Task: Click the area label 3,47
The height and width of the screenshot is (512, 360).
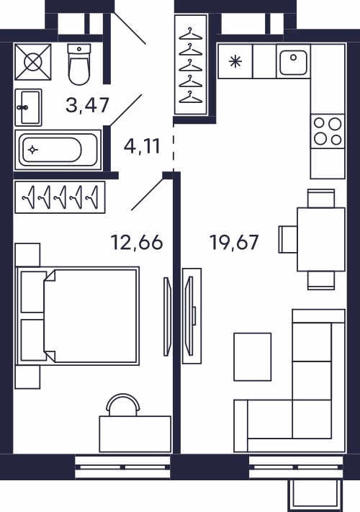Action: click(87, 105)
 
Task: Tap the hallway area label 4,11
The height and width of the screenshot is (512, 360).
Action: click(142, 146)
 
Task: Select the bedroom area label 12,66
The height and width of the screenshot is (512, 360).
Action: click(137, 243)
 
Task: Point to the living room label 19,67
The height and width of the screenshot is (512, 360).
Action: click(234, 243)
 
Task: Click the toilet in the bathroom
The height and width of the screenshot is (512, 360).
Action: click(79, 64)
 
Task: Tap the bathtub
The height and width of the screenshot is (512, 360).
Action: click(58, 150)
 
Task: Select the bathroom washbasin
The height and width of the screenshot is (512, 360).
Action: click(28, 107)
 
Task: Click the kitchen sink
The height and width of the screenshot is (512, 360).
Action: click(294, 62)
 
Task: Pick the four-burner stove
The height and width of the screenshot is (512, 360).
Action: click(328, 131)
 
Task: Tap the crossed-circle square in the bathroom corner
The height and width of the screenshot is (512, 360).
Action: click(33, 62)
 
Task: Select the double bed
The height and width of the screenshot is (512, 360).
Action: click(78, 315)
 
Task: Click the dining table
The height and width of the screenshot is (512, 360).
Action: click(321, 239)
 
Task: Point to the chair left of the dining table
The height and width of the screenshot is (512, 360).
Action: click(288, 239)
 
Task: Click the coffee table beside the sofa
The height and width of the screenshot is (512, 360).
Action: click(253, 357)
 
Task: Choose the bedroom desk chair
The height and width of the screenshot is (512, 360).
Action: click(124, 405)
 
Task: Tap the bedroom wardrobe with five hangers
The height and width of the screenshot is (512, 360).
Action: click(60, 197)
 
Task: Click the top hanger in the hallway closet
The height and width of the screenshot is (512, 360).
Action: click(191, 34)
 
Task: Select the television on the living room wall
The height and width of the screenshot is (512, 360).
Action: click(189, 315)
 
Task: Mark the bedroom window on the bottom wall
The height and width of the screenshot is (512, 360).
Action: click(122, 467)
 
